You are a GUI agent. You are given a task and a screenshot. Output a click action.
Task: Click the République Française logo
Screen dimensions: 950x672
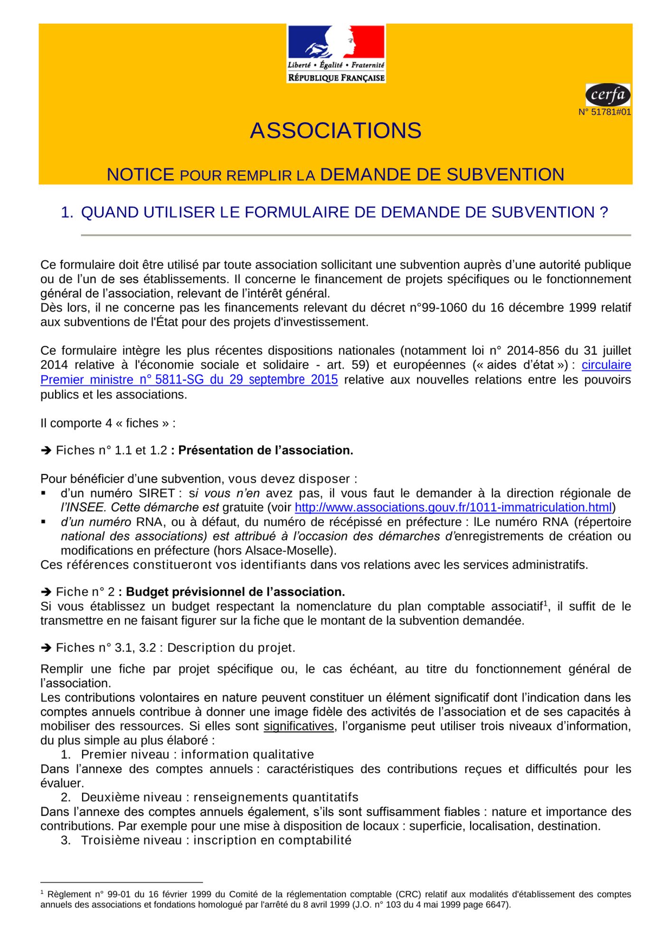point(336,54)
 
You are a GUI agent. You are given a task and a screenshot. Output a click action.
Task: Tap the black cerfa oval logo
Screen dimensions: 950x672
point(608,95)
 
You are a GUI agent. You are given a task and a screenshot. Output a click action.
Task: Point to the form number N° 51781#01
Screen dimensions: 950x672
point(605,113)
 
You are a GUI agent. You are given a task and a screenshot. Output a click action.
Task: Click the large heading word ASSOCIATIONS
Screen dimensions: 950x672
point(336,131)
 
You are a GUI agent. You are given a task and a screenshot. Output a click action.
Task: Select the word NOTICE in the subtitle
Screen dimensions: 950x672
point(140,175)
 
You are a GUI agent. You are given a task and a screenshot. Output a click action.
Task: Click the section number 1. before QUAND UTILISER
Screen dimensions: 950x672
point(67,212)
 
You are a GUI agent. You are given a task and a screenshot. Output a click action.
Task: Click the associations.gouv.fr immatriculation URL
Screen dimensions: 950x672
point(453,507)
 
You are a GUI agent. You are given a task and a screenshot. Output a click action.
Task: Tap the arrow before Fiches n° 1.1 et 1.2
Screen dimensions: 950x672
point(46,450)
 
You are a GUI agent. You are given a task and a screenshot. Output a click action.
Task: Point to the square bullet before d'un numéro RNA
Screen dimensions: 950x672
point(43,522)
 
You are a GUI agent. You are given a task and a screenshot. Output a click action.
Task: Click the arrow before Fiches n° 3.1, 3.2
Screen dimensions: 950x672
point(46,648)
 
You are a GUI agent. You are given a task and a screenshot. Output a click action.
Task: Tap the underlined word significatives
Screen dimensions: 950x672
point(299,726)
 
